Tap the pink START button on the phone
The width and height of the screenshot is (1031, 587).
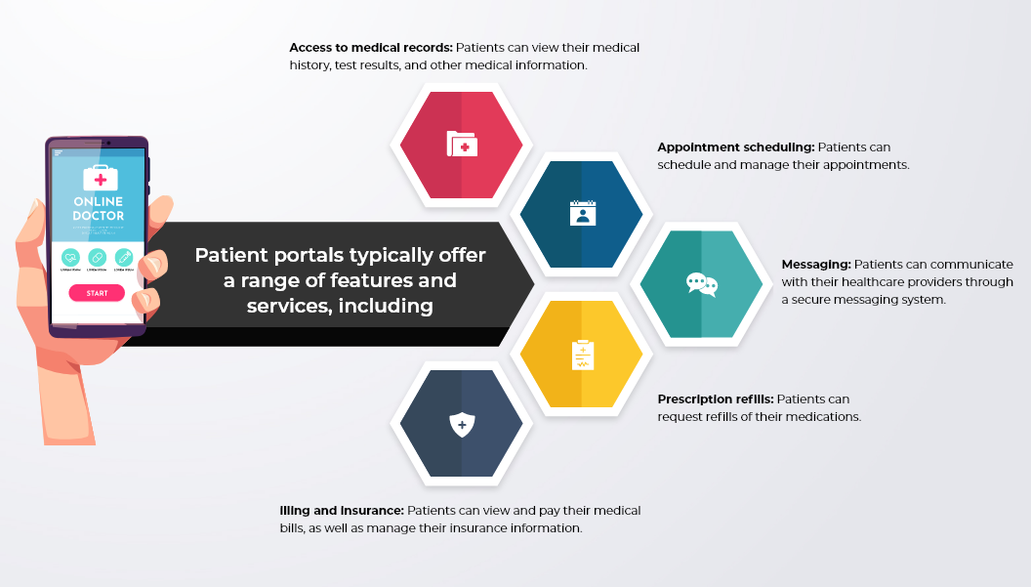click(97, 293)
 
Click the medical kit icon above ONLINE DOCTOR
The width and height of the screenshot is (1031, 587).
click(101, 178)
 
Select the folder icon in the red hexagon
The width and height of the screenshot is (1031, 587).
click(462, 145)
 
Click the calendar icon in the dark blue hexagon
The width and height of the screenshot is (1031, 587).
click(583, 213)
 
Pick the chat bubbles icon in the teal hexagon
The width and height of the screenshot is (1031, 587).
click(702, 284)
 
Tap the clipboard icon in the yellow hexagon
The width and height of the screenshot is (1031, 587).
click(583, 355)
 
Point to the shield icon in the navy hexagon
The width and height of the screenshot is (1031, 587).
click(462, 425)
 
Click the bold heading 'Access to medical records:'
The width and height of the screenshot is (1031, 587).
click(371, 48)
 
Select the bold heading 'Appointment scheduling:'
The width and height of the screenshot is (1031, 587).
click(736, 147)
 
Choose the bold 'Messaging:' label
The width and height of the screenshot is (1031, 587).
click(816, 265)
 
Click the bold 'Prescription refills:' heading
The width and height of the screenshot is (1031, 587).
click(716, 399)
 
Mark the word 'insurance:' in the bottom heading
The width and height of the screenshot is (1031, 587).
click(372, 511)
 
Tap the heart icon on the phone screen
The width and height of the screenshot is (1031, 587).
click(70, 257)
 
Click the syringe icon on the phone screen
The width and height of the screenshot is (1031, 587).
click(124, 257)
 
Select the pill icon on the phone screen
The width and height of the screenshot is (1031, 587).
click(97, 257)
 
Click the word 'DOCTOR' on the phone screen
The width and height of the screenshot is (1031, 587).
click(98, 216)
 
